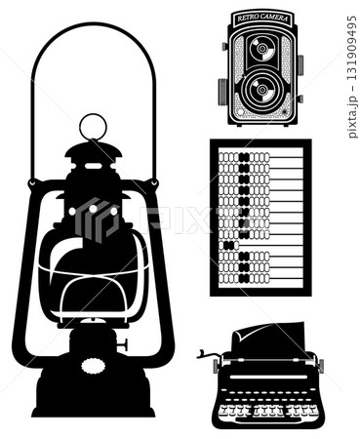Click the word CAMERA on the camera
click(x=277, y=19)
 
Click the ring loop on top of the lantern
click(x=94, y=127)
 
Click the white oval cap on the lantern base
click(x=94, y=365)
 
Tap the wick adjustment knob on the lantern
click(x=123, y=343)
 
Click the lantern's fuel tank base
click(x=94, y=385)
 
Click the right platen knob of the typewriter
click(x=320, y=365)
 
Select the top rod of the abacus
click(x=260, y=155)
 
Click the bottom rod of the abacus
click(x=260, y=277)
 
